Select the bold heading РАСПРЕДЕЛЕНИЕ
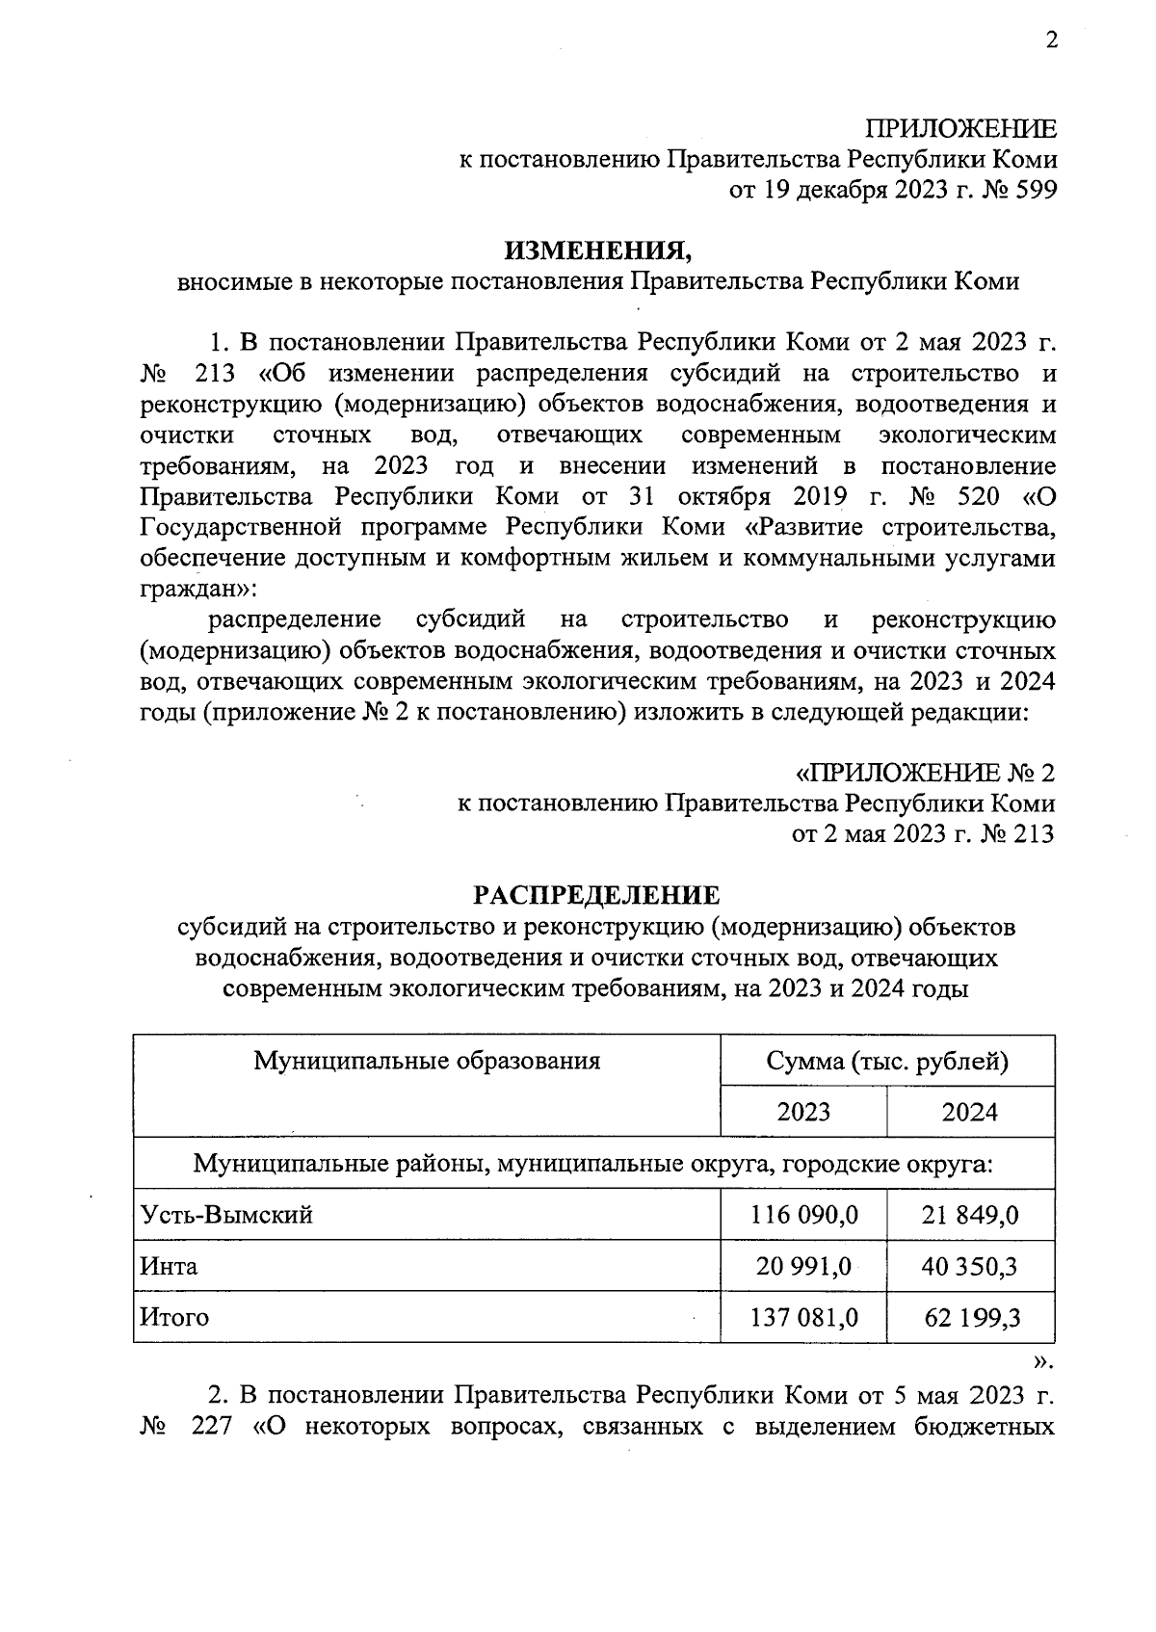click(596, 895)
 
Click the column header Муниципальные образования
click(427, 1061)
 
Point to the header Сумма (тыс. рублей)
click(887, 1062)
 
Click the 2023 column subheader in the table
click(803, 1112)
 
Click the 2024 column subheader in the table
click(969, 1112)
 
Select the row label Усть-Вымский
click(226, 1214)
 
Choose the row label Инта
click(169, 1265)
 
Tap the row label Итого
click(174, 1316)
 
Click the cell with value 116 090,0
click(804, 1214)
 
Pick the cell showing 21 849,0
click(970, 1214)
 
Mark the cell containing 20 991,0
click(804, 1265)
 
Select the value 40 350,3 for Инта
click(970, 1265)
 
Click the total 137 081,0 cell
click(804, 1316)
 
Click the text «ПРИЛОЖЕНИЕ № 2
click(924, 773)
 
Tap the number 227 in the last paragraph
click(212, 1426)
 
